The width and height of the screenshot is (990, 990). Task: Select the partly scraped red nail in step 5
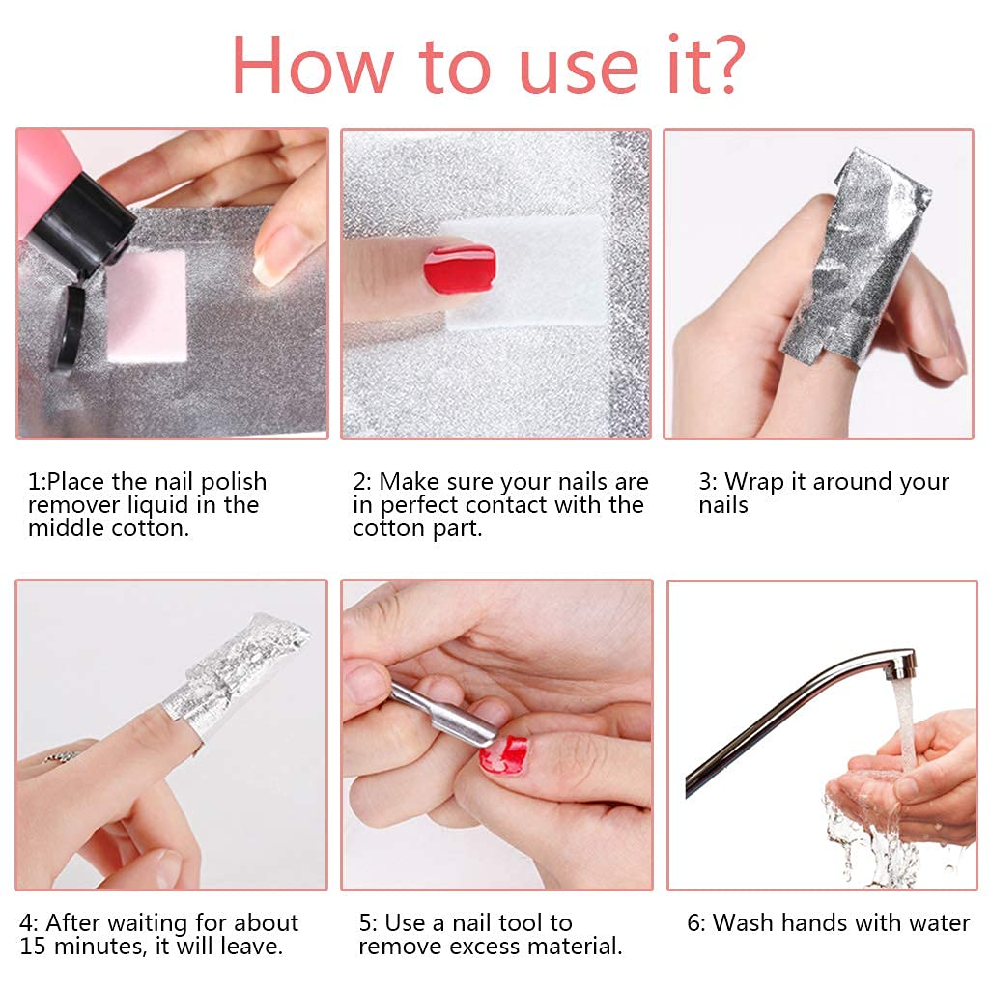(x=505, y=753)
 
